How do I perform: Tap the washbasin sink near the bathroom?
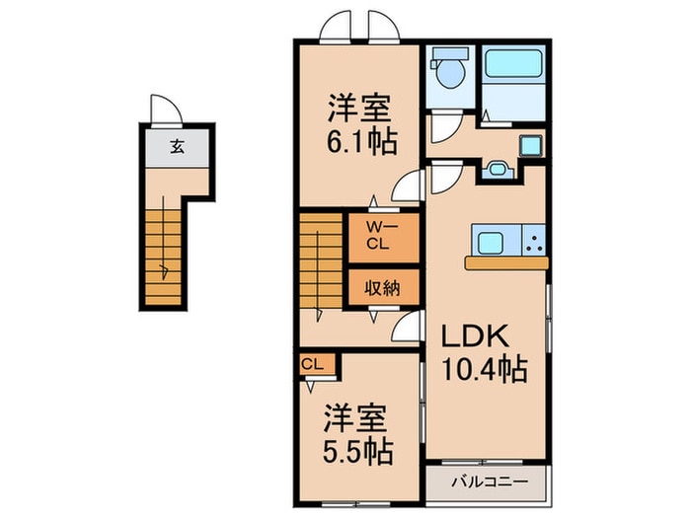coord(496,170)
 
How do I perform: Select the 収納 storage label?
coord(384,289)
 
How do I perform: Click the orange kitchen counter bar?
coord(505,263)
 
